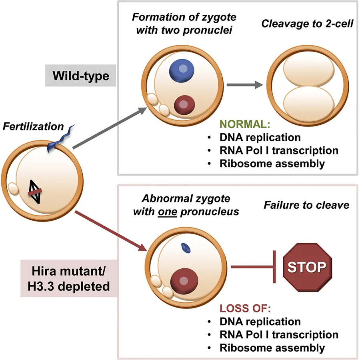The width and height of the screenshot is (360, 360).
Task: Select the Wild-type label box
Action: [x=82, y=76]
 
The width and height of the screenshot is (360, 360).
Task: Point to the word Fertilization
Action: [x=34, y=127]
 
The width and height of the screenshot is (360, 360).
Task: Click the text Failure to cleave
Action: [x=306, y=205]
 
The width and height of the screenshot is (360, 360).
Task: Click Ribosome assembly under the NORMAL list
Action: [x=272, y=163]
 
